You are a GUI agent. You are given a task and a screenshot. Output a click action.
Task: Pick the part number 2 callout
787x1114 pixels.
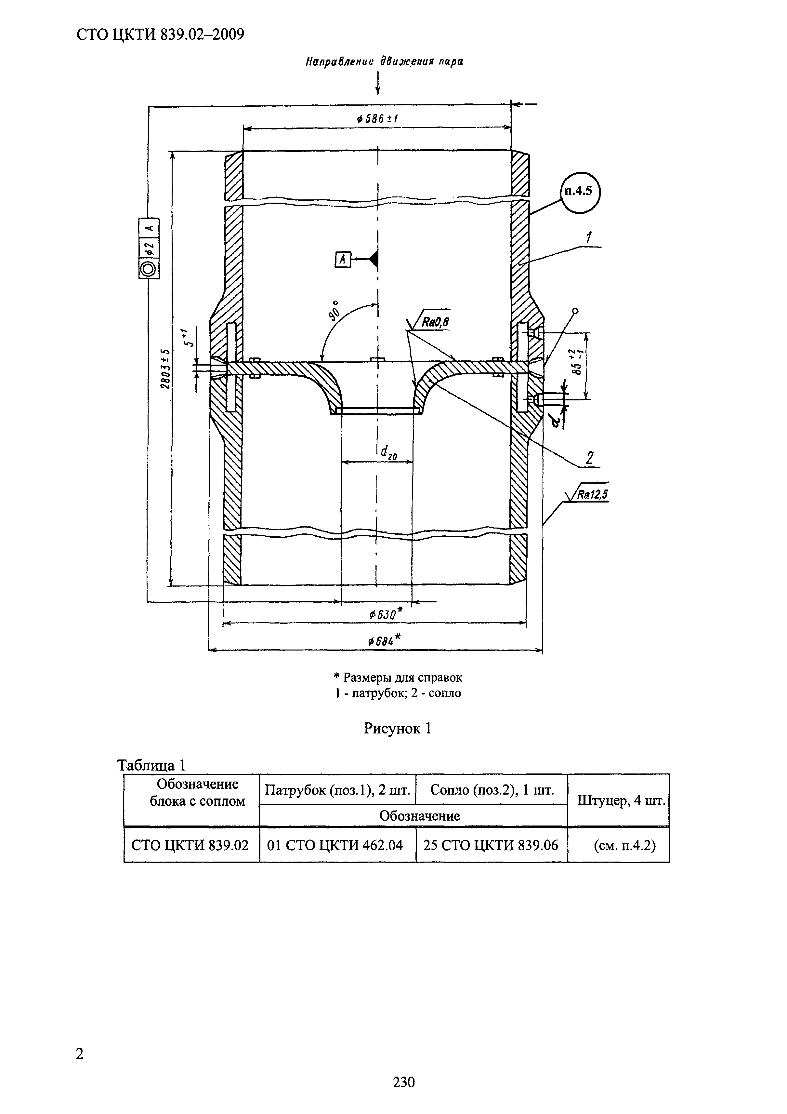pyautogui.click(x=590, y=458)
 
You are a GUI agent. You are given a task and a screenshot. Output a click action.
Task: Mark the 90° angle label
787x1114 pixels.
pyautogui.click(x=334, y=311)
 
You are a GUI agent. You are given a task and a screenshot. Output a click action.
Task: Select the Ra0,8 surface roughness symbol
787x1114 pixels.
pyautogui.click(x=429, y=320)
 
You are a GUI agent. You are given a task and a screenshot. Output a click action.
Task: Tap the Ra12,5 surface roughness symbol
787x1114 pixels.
pyautogui.click(x=587, y=495)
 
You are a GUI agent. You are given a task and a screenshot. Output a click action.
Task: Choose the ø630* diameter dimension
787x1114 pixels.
pyautogui.click(x=383, y=614)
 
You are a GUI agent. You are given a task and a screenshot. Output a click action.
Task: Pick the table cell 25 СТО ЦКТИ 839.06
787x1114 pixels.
pyautogui.click(x=491, y=846)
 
